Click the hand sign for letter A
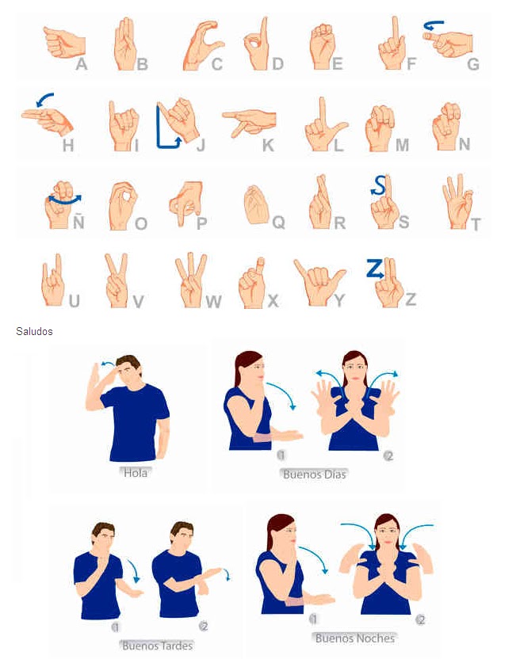(64, 42)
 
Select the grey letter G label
(473, 64)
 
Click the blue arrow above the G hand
(434, 25)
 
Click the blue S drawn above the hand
(379, 185)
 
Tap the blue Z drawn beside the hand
(375, 269)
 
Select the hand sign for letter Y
(319, 280)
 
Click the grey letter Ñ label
(78, 221)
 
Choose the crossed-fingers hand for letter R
(320, 203)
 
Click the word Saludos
(34, 331)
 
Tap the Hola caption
(136, 473)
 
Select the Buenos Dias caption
(315, 474)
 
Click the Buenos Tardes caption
(158, 646)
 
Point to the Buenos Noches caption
(355, 638)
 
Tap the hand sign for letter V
(117, 280)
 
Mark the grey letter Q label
(278, 222)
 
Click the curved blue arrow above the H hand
(44, 98)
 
